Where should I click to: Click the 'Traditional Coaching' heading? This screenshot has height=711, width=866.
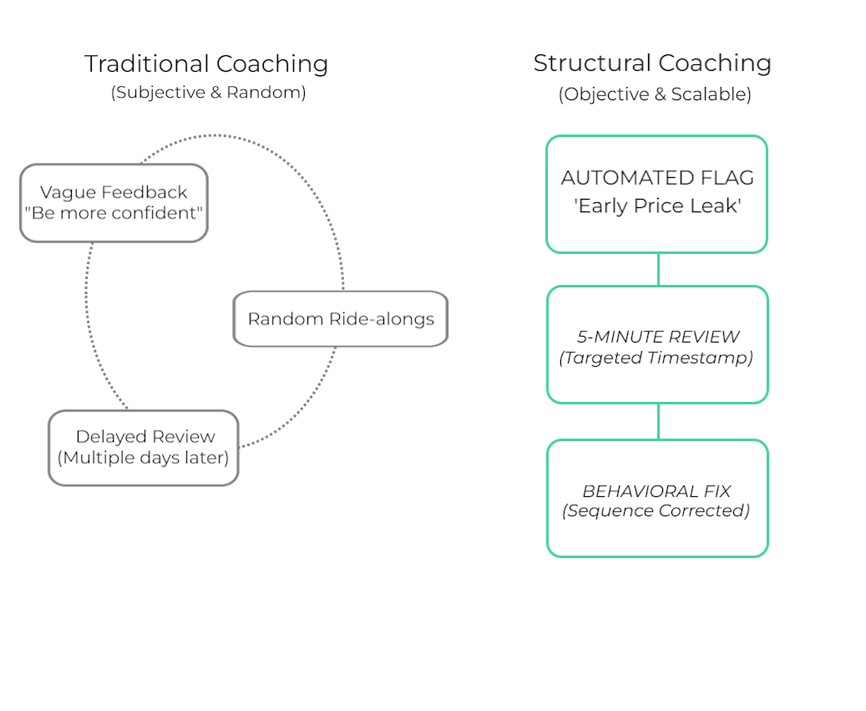(x=206, y=63)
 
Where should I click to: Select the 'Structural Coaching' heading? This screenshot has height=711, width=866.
(x=652, y=63)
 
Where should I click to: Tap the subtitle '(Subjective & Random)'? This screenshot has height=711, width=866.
(x=208, y=92)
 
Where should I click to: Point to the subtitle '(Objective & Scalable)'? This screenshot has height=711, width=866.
(x=655, y=94)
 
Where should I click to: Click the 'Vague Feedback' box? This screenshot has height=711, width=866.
(x=114, y=203)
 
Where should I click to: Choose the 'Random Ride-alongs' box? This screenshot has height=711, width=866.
(x=341, y=318)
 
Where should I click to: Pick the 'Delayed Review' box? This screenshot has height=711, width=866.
(x=144, y=447)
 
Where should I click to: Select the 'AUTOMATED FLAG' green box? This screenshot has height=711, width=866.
(x=656, y=194)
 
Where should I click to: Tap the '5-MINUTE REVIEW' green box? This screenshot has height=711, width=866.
(x=657, y=344)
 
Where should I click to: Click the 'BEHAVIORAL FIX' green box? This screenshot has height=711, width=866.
(x=657, y=498)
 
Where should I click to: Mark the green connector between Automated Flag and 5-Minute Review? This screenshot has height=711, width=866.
(x=658, y=269)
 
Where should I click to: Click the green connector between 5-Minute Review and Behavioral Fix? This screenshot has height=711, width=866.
(x=658, y=421)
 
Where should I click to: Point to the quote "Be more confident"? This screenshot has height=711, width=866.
(x=114, y=213)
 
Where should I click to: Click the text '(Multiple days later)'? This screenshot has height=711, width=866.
(x=144, y=457)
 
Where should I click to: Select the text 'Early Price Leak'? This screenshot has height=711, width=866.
(x=657, y=206)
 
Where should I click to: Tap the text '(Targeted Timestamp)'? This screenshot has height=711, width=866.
(x=656, y=358)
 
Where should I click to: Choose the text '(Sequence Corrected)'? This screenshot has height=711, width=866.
(x=656, y=510)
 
